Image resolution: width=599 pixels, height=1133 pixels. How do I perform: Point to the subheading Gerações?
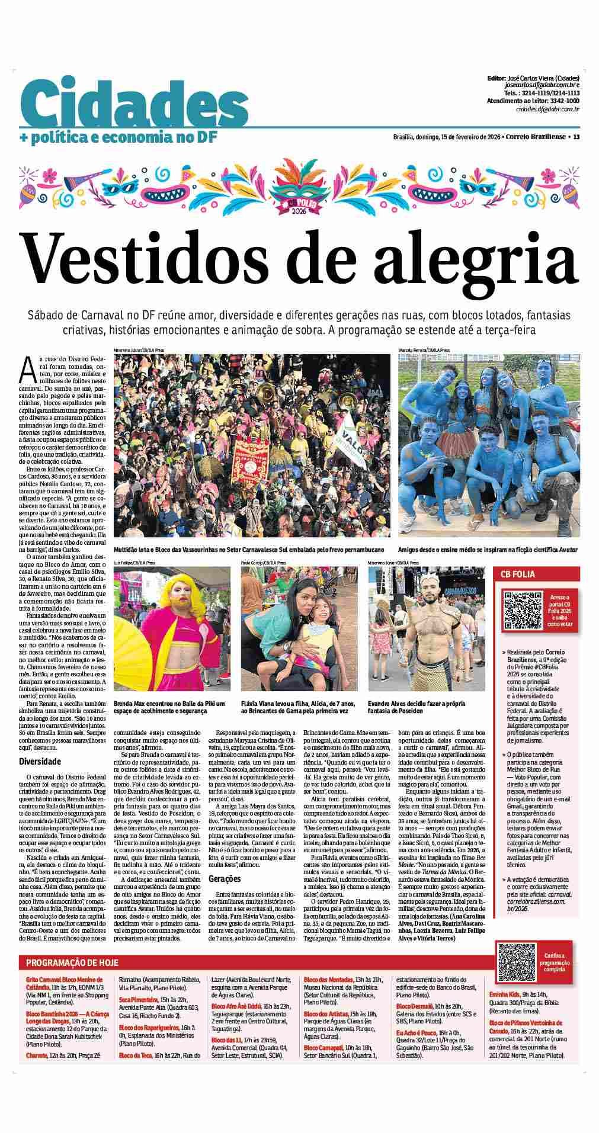point(225,879)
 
